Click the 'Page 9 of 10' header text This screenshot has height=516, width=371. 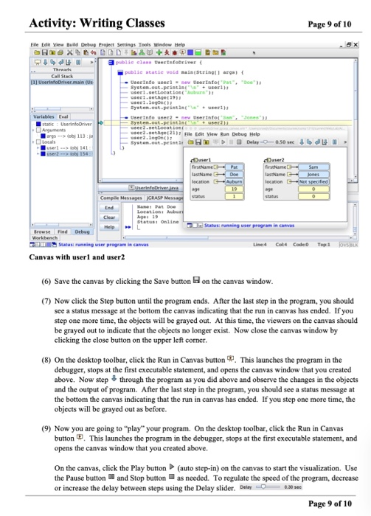coord(331,11)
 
